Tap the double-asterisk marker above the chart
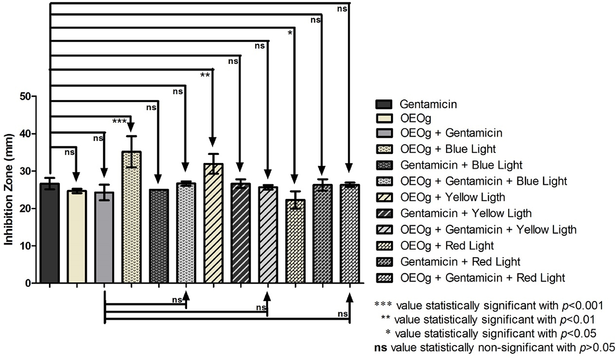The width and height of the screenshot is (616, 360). coord(204,76)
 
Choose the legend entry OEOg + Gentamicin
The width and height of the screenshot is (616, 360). coord(451,133)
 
